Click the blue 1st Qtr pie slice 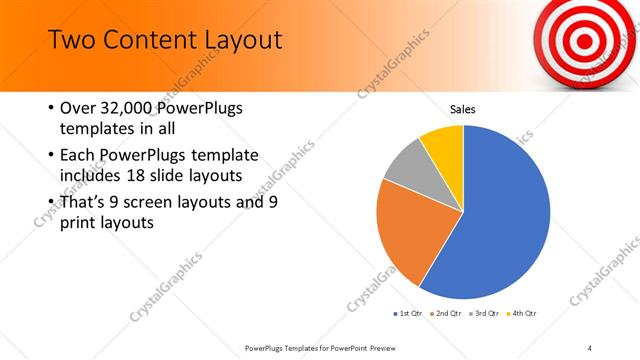(500, 215)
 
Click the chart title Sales (462, 109)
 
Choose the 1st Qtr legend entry (412, 314)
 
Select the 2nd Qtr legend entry (448, 314)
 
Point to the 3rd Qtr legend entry (484, 314)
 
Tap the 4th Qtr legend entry (521, 314)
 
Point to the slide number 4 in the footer (590, 348)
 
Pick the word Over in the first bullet (77, 108)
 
